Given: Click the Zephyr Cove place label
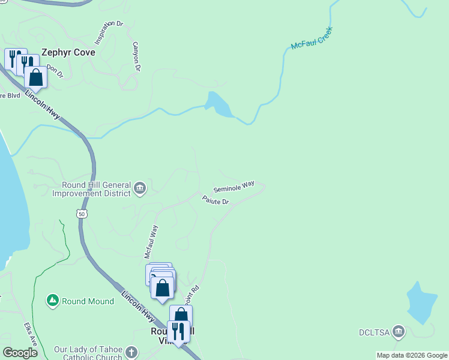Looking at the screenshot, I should click(68, 52).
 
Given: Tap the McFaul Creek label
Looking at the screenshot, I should click(312, 38).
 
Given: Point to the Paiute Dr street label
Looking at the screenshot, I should click(215, 201).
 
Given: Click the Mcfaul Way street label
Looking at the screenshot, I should click(151, 242).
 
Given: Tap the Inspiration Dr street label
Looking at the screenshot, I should click(108, 33).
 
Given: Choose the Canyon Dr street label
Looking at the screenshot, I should click(136, 56).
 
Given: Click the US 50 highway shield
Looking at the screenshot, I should click(82, 214).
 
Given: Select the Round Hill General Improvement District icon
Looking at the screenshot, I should click(140, 188).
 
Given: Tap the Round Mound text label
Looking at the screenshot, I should click(88, 301).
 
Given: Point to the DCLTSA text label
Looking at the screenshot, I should click(375, 332).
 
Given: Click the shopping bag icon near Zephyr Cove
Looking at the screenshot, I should click(36, 77).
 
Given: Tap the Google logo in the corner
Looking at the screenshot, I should click(20, 353).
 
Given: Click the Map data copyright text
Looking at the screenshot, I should click(412, 355).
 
